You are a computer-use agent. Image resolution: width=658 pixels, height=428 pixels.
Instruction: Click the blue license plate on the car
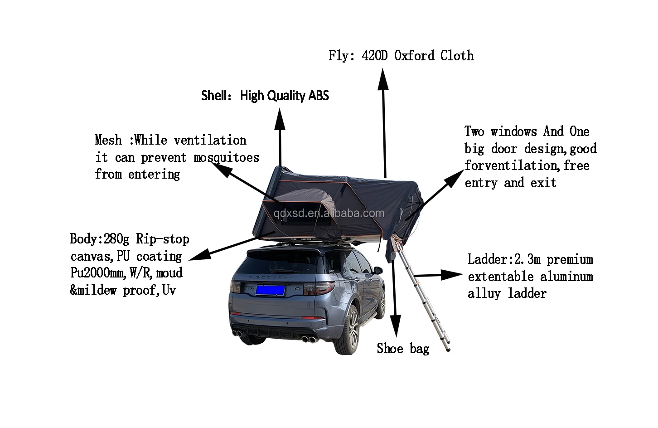(x=270, y=290)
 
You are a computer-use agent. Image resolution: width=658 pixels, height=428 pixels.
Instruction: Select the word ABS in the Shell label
(x=319, y=96)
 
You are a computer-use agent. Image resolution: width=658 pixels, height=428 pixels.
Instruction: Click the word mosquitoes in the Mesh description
(x=226, y=157)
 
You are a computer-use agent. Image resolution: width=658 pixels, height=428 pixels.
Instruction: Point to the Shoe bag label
(x=403, y=348)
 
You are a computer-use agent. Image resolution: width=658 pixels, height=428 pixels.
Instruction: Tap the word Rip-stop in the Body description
(x=163, y=239)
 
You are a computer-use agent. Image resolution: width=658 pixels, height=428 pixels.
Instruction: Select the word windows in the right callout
(x=514, y=131)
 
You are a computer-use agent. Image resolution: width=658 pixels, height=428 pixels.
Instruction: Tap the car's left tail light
(x=237, y=287)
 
